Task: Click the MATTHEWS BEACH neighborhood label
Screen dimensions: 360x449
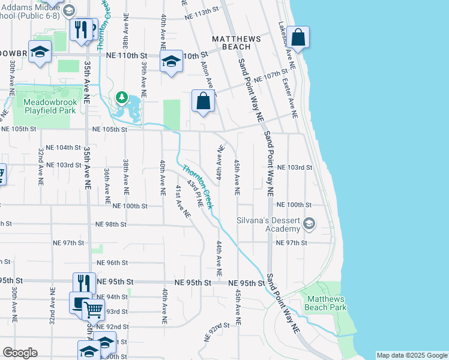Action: [x=237, y=42]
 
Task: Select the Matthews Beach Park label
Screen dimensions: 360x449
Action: [x=327, y=303]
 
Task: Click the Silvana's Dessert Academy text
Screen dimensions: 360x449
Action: [x=268, y=224]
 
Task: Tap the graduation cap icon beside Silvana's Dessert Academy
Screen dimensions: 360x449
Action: [x=309, y=224]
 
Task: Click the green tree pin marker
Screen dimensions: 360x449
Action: [x=122, y=97]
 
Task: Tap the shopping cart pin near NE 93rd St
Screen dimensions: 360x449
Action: [x=93, y=310]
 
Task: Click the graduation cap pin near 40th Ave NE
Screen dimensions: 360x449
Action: [x=171, y=61]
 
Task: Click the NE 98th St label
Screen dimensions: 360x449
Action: [x=111, y=224]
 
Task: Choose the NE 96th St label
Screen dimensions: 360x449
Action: [x=112, y=263]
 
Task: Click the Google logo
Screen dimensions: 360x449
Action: [x=20, y=352]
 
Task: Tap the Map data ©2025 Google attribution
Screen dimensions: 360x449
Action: [x=412, y=355]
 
